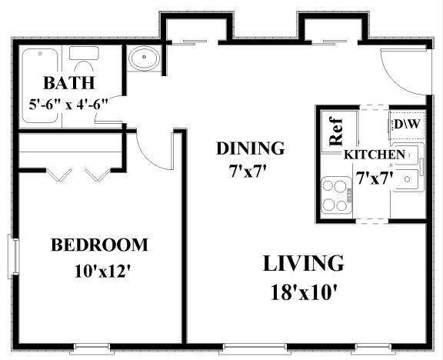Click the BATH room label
coord(68,83)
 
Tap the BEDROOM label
coord(99,245)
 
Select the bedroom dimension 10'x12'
coord(99,271)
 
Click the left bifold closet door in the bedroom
coord(58,174)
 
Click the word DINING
coord(250,148)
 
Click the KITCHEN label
coord(374,155)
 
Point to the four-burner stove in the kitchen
coord(336,195)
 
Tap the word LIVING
coord(303,263)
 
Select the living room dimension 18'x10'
coord(303,292)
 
